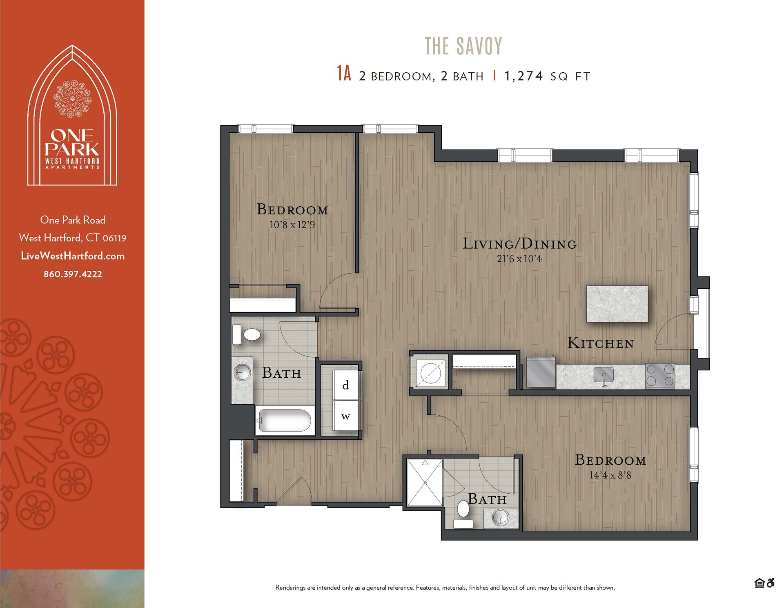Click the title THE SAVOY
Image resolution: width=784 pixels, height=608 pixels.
coord(463,46)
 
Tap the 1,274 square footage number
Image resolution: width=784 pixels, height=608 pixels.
coord(523,76)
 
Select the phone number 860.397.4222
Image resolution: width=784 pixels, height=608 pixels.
coord(73,274)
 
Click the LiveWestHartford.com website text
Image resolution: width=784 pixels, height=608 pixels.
coord(73,256)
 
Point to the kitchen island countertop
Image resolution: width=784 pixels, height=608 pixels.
coord(617,304)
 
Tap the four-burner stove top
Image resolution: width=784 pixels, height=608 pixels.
coord(660,375)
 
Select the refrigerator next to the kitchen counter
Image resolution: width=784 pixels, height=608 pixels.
coord(541,372)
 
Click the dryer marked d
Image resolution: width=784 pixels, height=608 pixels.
coord(345,385)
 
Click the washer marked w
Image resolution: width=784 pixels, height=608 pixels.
coord(345,416)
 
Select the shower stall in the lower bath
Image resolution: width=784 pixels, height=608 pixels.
coord(425,483)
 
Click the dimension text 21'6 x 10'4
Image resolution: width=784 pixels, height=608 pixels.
coord(519,259)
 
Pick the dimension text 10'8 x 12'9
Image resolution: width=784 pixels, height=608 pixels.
coord(292,225)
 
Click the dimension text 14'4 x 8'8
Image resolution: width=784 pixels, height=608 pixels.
coord(610,475)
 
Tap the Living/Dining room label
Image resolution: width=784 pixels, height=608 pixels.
coord(519,244)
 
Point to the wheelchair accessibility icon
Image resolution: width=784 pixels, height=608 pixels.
coord(771,583)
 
